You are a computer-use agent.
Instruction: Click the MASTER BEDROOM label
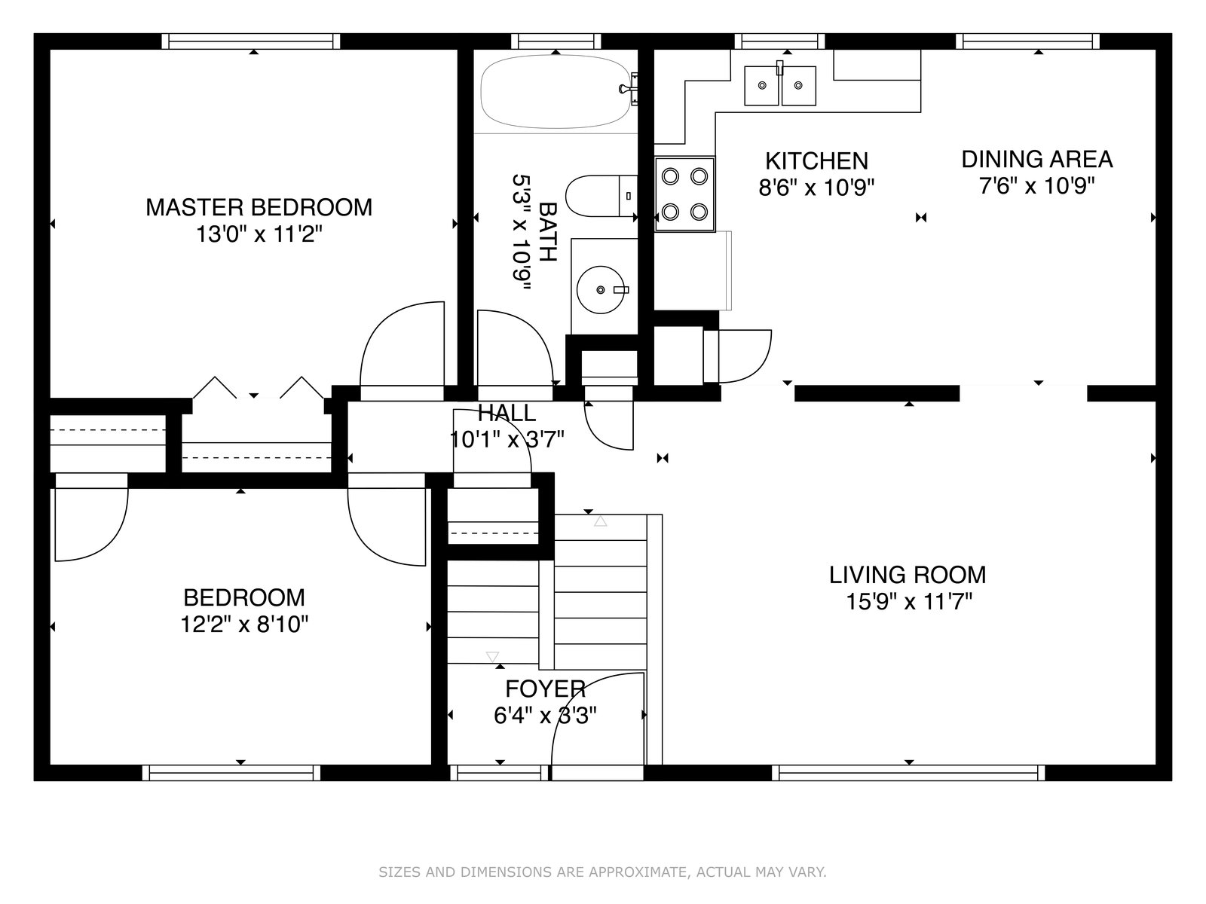point(259,207)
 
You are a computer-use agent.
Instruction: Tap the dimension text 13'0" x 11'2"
point(259,235)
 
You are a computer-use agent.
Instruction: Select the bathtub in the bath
point(556,92)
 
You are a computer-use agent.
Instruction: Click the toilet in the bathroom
point(601,196)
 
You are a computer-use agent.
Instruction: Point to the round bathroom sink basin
point(601,289)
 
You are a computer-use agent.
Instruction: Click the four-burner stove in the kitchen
point(684,194)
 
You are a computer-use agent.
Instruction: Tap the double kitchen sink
point(780,86)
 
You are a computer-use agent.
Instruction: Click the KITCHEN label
point(816,161)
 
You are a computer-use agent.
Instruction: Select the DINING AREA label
point(1036,159)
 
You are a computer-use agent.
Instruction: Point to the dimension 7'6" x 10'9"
point(1036,186)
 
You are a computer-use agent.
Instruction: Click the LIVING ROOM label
point(908,575)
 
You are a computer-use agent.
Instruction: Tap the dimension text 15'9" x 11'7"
point(909,602)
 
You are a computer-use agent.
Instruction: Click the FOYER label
point(545,689)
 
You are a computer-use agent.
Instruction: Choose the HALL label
point(507,413)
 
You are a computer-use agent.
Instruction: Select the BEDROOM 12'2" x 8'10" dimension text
point(244,625)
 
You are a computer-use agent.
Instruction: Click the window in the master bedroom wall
point(251,41)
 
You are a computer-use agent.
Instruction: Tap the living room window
point(909,773)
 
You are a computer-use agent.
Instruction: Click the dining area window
point(1027,41)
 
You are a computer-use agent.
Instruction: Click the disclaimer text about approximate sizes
point(602,872)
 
